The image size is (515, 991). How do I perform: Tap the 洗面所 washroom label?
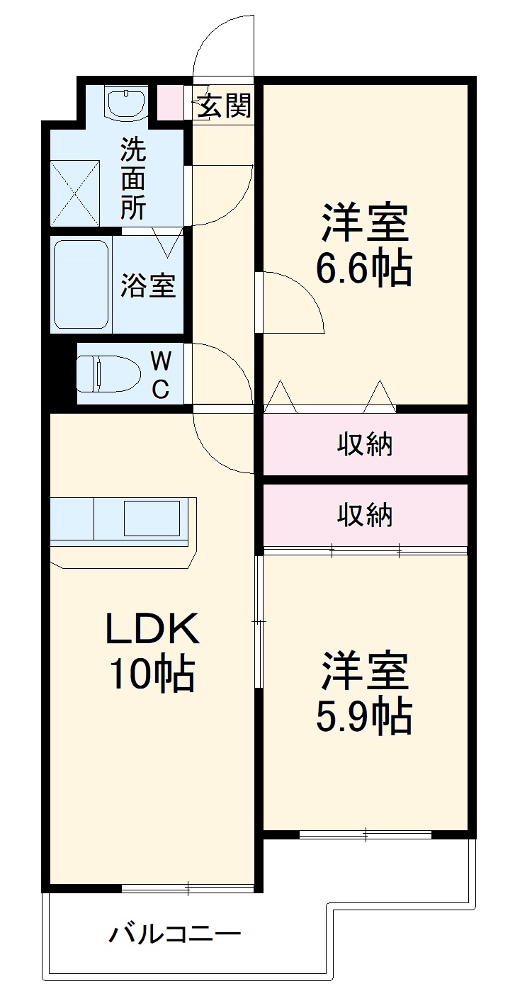133,178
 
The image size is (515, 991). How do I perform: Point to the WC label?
161,375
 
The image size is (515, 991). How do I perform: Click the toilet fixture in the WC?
99,373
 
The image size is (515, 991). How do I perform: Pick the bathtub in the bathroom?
81,284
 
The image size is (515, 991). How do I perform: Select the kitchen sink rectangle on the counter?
152,518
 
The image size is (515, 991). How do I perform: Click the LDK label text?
152,628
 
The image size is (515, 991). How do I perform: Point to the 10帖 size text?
151,674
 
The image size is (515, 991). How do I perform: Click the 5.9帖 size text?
364,718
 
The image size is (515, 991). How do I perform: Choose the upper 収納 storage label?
365,445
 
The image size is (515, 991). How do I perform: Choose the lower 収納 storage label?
365,515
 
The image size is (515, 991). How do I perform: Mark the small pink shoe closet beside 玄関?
169,102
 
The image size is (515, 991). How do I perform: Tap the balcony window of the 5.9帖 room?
365,834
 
